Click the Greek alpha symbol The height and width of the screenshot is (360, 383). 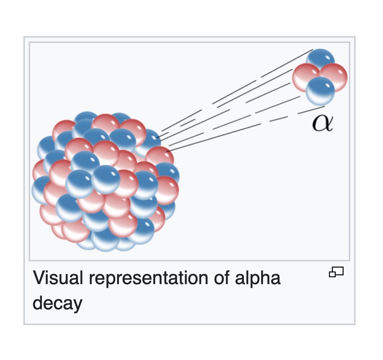tap(322, 123)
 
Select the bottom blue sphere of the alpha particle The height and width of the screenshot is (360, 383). tap(320, 91)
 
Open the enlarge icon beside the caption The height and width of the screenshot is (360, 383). tap(336, 271)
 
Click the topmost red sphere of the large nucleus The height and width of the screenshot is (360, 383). tap(105, 123)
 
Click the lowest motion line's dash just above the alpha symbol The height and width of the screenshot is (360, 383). tap(311, 110)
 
